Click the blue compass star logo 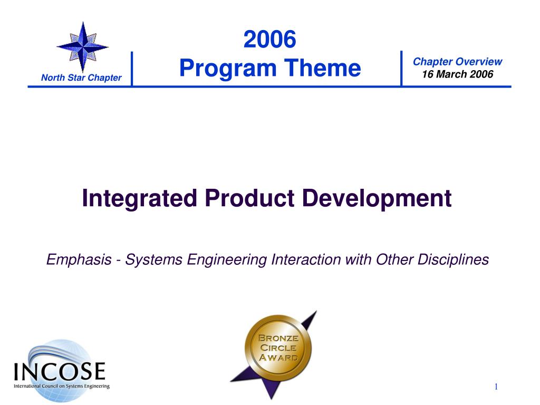pyautogui.click(x=83, y=47)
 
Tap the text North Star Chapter pyautogui.click(x=81, y=78)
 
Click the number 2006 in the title pyautogui.click(x=269, y=39)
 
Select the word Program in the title pyautogui.click(x=228, y=68)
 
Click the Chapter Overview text pyautogui.click(x=457, y=62)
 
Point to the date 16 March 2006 pyautogui.click(x=457, y=74)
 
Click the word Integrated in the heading pyautogui.click(x=139, y=199)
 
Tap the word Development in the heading pyautogui.click(x=377, y=199)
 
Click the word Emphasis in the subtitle pyautogui.click(x=79, y=259)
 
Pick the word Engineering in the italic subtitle pyautogui.click(x=227, y=260)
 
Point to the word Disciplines pyautogui.click(x=453, y=259)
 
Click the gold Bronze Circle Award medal pyautogui.click(x=277, y=349)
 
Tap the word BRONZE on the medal pyautogui.click(x=278, y=338)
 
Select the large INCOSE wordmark pyautogui.click(x=60, y=371)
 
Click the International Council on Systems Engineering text pyautogui.click(x=62, y=386)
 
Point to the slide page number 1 pyautogui.click(x=496, y=387)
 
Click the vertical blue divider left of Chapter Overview pyautogui.click(x=401, y=68)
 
